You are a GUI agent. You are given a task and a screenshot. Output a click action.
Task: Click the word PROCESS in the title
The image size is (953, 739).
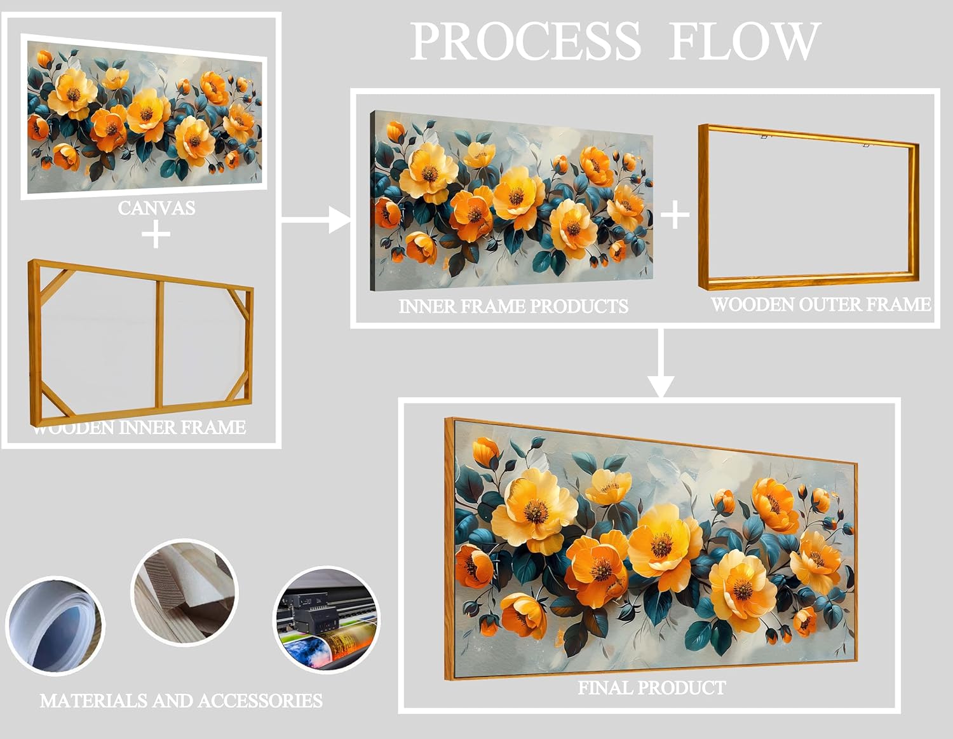(525, 41)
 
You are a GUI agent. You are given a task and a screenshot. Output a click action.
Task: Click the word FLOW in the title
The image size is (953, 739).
(743, 41)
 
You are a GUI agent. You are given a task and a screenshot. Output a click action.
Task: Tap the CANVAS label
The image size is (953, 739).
(156, 208)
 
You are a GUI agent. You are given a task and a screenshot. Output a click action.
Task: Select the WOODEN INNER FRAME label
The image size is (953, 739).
(139, 428)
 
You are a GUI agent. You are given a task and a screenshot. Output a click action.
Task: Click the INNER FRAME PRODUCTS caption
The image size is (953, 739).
(513, 306)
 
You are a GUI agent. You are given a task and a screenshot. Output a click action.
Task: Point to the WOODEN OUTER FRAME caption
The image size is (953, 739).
(820, 304)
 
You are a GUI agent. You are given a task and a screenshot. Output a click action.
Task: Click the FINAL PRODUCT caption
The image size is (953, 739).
(651, 688)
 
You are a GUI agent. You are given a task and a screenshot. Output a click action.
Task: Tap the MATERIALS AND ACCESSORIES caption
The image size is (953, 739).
(181, 701)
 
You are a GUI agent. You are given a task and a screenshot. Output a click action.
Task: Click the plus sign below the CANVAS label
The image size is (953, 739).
(156, 235)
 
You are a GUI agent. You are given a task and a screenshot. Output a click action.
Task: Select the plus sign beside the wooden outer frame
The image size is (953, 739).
(675, 215)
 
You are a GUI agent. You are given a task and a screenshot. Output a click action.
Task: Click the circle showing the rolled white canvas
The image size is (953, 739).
(55, 625)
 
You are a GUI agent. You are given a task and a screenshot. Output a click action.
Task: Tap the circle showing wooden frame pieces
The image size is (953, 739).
(184, 592)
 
